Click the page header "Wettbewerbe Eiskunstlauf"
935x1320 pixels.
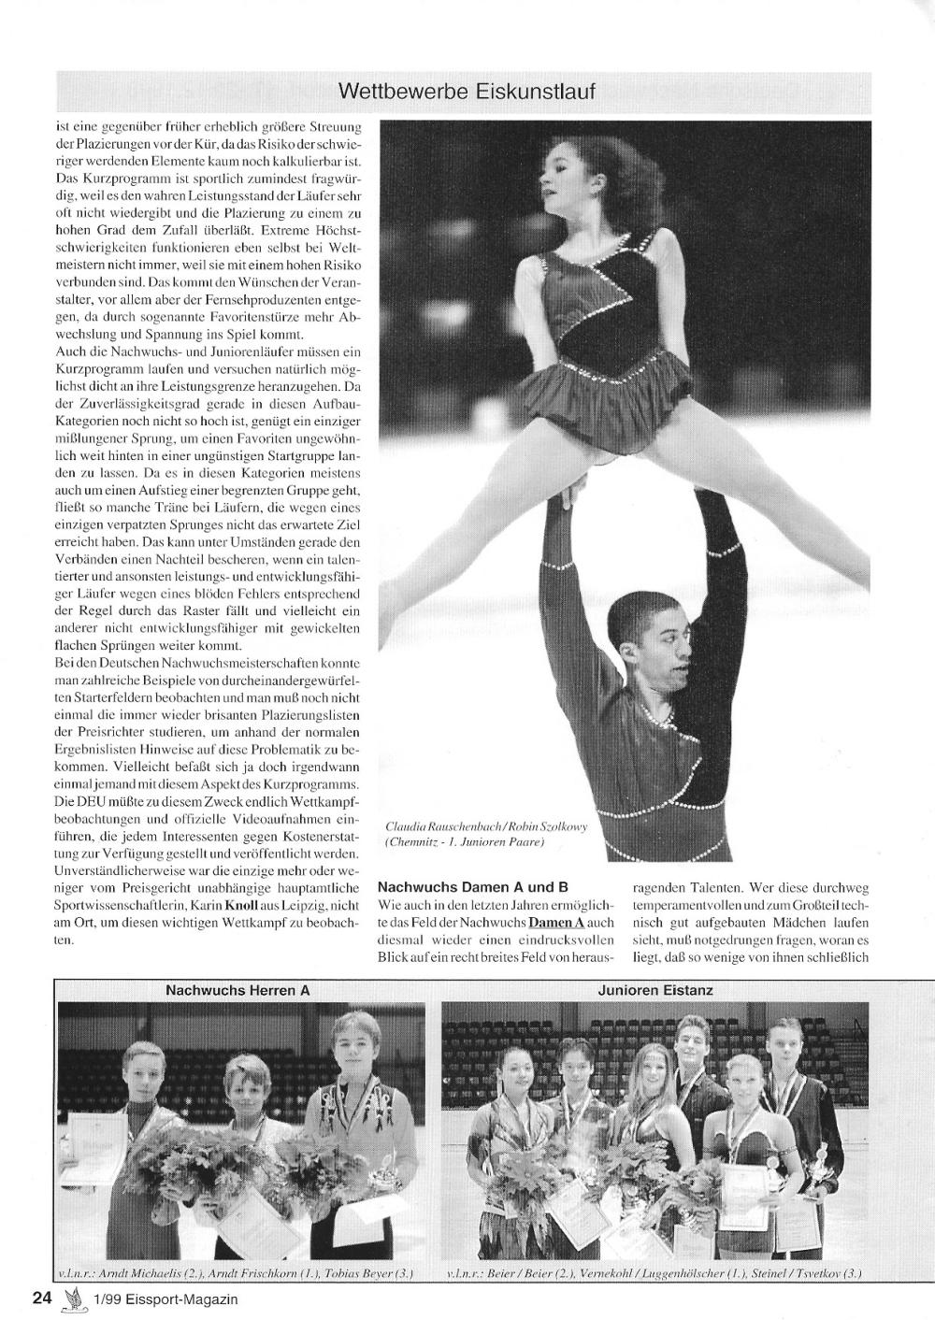(466, 92)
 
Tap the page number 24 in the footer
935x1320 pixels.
(41, 1298)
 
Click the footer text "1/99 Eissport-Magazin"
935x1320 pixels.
(165, 1298)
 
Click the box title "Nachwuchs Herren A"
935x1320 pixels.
(237, 989)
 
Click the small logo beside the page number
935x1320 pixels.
(71, 1298)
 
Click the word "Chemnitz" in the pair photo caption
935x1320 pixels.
(412, 841)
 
